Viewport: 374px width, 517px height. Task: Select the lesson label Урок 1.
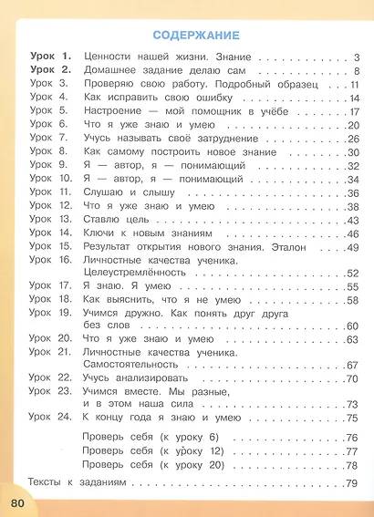tap(49, 57)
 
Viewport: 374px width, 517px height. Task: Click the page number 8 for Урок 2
tap(358, 71)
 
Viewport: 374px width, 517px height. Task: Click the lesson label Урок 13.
tap(49, 220)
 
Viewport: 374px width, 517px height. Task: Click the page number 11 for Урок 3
tap(357, 85)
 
